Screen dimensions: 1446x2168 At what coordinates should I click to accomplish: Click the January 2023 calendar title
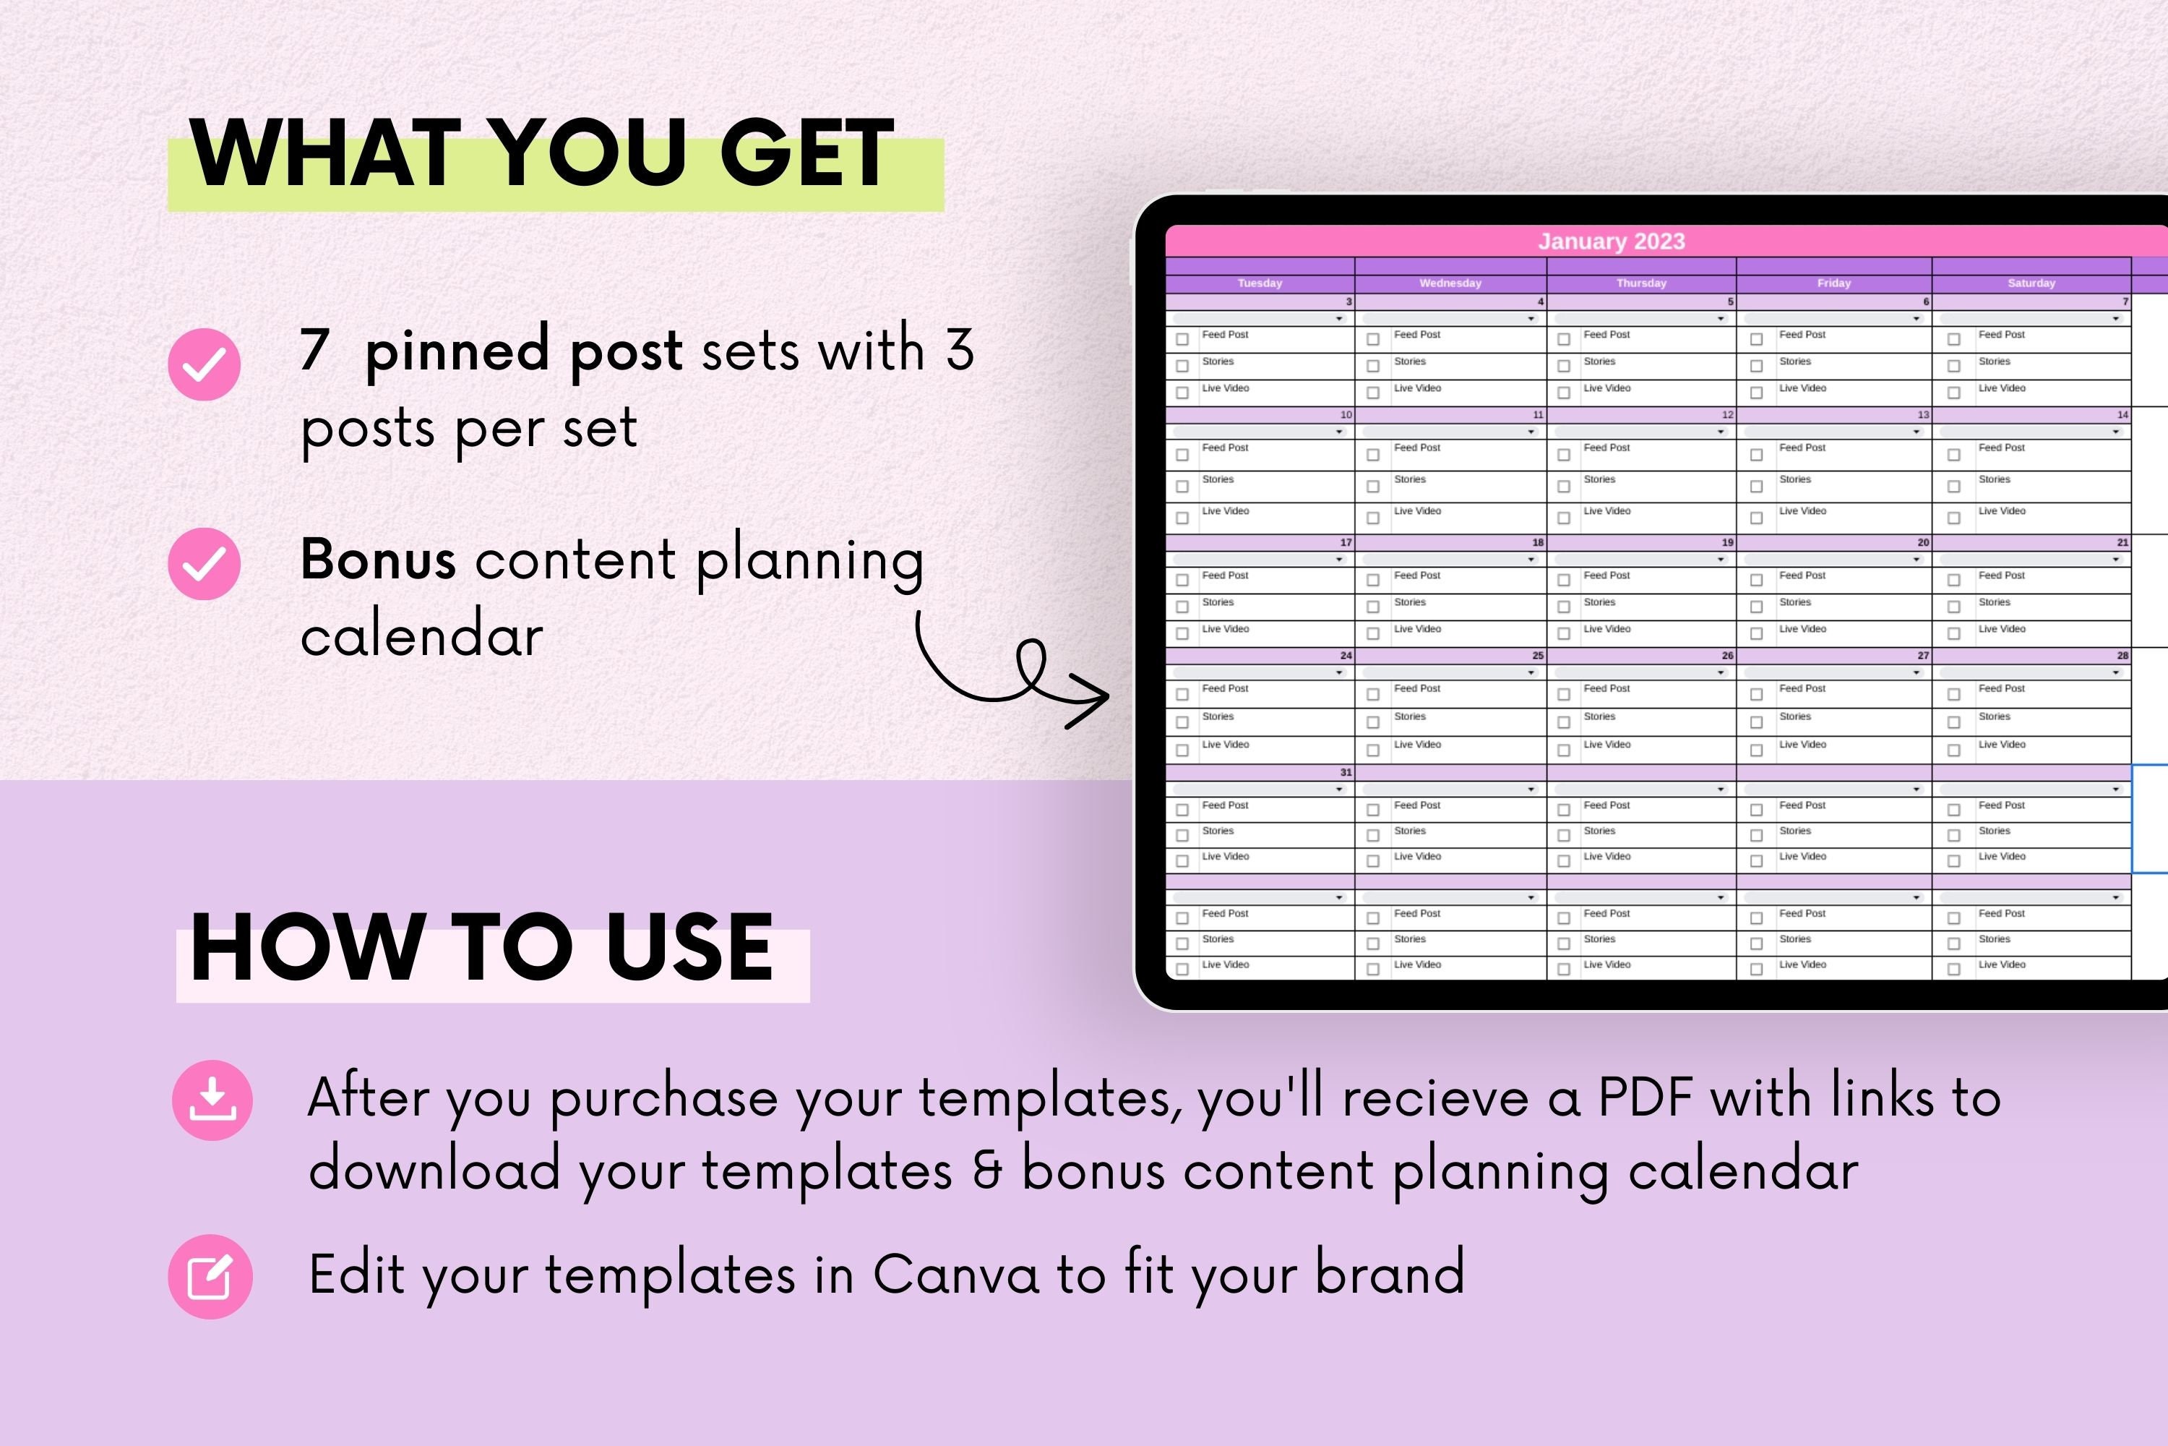(x=1612, y=241)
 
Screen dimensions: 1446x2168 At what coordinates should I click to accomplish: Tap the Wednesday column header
(x=1450, y=283)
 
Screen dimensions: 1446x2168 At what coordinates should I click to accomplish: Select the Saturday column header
(x=2031, y=283)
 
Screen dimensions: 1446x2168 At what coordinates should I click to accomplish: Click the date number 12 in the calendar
(x=1726, y=415)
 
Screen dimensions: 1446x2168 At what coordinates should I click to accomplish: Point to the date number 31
(x=1346, y=773)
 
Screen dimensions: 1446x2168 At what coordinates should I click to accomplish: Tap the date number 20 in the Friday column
(x=1923, y=543)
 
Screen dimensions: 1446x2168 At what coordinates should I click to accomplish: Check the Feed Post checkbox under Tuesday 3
(x=1182, y=339)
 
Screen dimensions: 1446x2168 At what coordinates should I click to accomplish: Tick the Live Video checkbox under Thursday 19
(x=1563, y=633)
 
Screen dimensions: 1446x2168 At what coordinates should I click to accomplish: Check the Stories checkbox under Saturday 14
(x=1953, y=486)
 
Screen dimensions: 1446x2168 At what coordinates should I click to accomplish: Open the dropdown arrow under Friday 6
(x=1916, y=319)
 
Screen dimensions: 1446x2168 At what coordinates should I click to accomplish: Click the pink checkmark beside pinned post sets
(x=204, y=364)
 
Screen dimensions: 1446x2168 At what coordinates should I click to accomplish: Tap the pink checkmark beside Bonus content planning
(x=204, y=563)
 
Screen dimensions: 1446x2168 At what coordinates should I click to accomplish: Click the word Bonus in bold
(x=378, y=559)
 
